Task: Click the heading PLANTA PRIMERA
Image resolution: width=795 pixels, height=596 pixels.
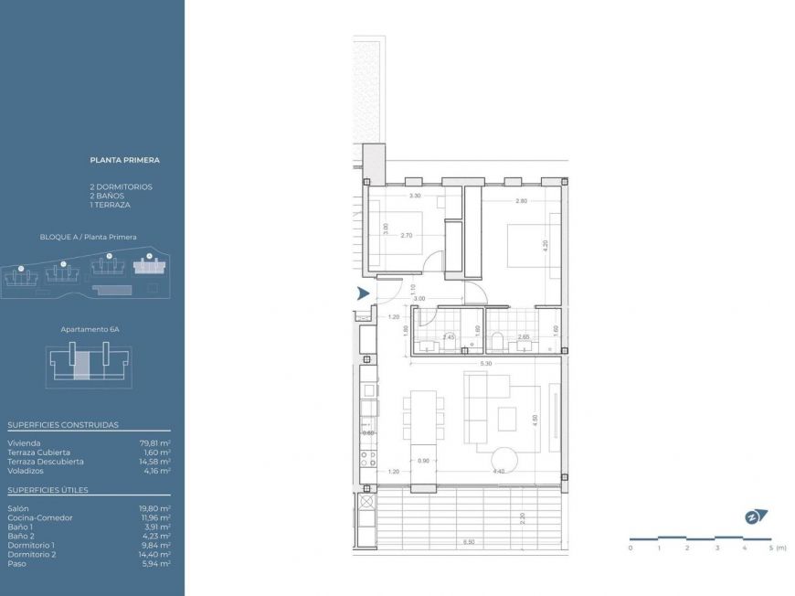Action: tap(124, 160)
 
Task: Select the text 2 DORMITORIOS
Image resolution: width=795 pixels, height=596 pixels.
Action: tap(121, 186)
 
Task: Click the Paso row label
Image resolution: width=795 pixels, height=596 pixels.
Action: tap(16, 564)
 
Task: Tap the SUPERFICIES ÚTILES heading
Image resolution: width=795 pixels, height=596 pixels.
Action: tap(48, 490)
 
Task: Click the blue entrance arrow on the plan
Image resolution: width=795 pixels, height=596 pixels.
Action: tap(363, 293)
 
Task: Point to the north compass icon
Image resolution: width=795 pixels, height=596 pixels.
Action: tap(755, 516)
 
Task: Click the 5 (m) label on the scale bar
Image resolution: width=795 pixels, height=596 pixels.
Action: tap(774, 548)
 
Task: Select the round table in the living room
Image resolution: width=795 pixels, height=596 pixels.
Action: tap(503, 459)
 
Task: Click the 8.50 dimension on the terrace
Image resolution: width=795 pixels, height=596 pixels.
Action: tap(469, 542)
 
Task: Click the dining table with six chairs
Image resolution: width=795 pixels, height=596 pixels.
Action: tap(423, 420)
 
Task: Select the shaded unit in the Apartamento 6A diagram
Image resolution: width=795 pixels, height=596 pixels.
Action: tap(81, 363)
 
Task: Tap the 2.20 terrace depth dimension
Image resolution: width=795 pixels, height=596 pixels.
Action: tap(520, 518)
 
